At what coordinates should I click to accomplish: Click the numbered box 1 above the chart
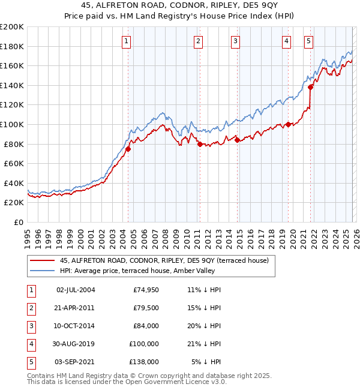click(x=127, y=41)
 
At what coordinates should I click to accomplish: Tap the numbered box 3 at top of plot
click(x=236, y=41)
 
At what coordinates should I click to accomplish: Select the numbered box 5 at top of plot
click(x=308, y=41)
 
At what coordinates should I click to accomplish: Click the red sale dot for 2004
click(x=128, y=149)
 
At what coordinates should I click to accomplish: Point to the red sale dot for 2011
click(x=200, y=143)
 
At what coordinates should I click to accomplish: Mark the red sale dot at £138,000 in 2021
click(x=311, y=87)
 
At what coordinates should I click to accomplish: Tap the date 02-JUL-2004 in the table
click(x=76, y=290)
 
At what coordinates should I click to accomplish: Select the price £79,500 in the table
click(x=146, y=308)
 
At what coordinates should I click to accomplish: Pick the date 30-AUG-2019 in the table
click(x=76, y=344)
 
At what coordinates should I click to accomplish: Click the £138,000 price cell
click(x=146, y=362)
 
